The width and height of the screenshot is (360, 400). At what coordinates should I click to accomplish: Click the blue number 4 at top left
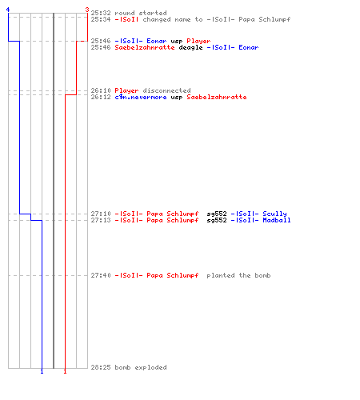[x=8, y=10]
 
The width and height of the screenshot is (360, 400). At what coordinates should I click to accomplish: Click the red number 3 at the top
[x=87, y=10]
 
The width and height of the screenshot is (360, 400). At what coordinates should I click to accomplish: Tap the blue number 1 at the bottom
[x=42, y=371]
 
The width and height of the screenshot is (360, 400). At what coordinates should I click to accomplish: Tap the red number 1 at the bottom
[x=65, y=371]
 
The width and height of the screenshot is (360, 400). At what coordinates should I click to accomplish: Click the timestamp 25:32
[x=101, y=13]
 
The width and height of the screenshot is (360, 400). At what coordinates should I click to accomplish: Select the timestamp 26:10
[x=101, y=90]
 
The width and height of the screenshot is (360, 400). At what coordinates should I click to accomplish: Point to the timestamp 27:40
[x=101, y=275]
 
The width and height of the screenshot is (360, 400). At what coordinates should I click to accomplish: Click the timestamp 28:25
[x=101, y=367]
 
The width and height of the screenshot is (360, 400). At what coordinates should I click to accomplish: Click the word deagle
[x=190, y=48]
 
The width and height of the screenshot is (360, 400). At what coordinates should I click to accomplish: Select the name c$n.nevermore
[x=141, y=97]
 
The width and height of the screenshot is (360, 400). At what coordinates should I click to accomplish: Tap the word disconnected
[x=166, y=90]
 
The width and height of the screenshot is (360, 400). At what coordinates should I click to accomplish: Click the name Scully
[x=274, y=214]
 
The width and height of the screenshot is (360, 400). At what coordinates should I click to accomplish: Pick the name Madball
[x=277, y=220]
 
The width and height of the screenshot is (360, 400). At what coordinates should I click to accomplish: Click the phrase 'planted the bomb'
[x=238, y=276]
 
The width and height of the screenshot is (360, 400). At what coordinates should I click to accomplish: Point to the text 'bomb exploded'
[x=141, y=367]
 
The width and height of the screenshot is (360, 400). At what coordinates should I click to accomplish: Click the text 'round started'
[x=141, y=13]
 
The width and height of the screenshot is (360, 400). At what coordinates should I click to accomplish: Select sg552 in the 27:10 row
[x=217, y=214]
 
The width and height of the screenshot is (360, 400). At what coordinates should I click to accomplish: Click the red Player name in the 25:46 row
[x=198, y=42]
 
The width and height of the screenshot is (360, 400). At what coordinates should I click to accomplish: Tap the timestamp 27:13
[x=101, y=220]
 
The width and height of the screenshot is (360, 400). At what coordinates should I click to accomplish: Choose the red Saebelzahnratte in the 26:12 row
[x=217, y=97]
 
